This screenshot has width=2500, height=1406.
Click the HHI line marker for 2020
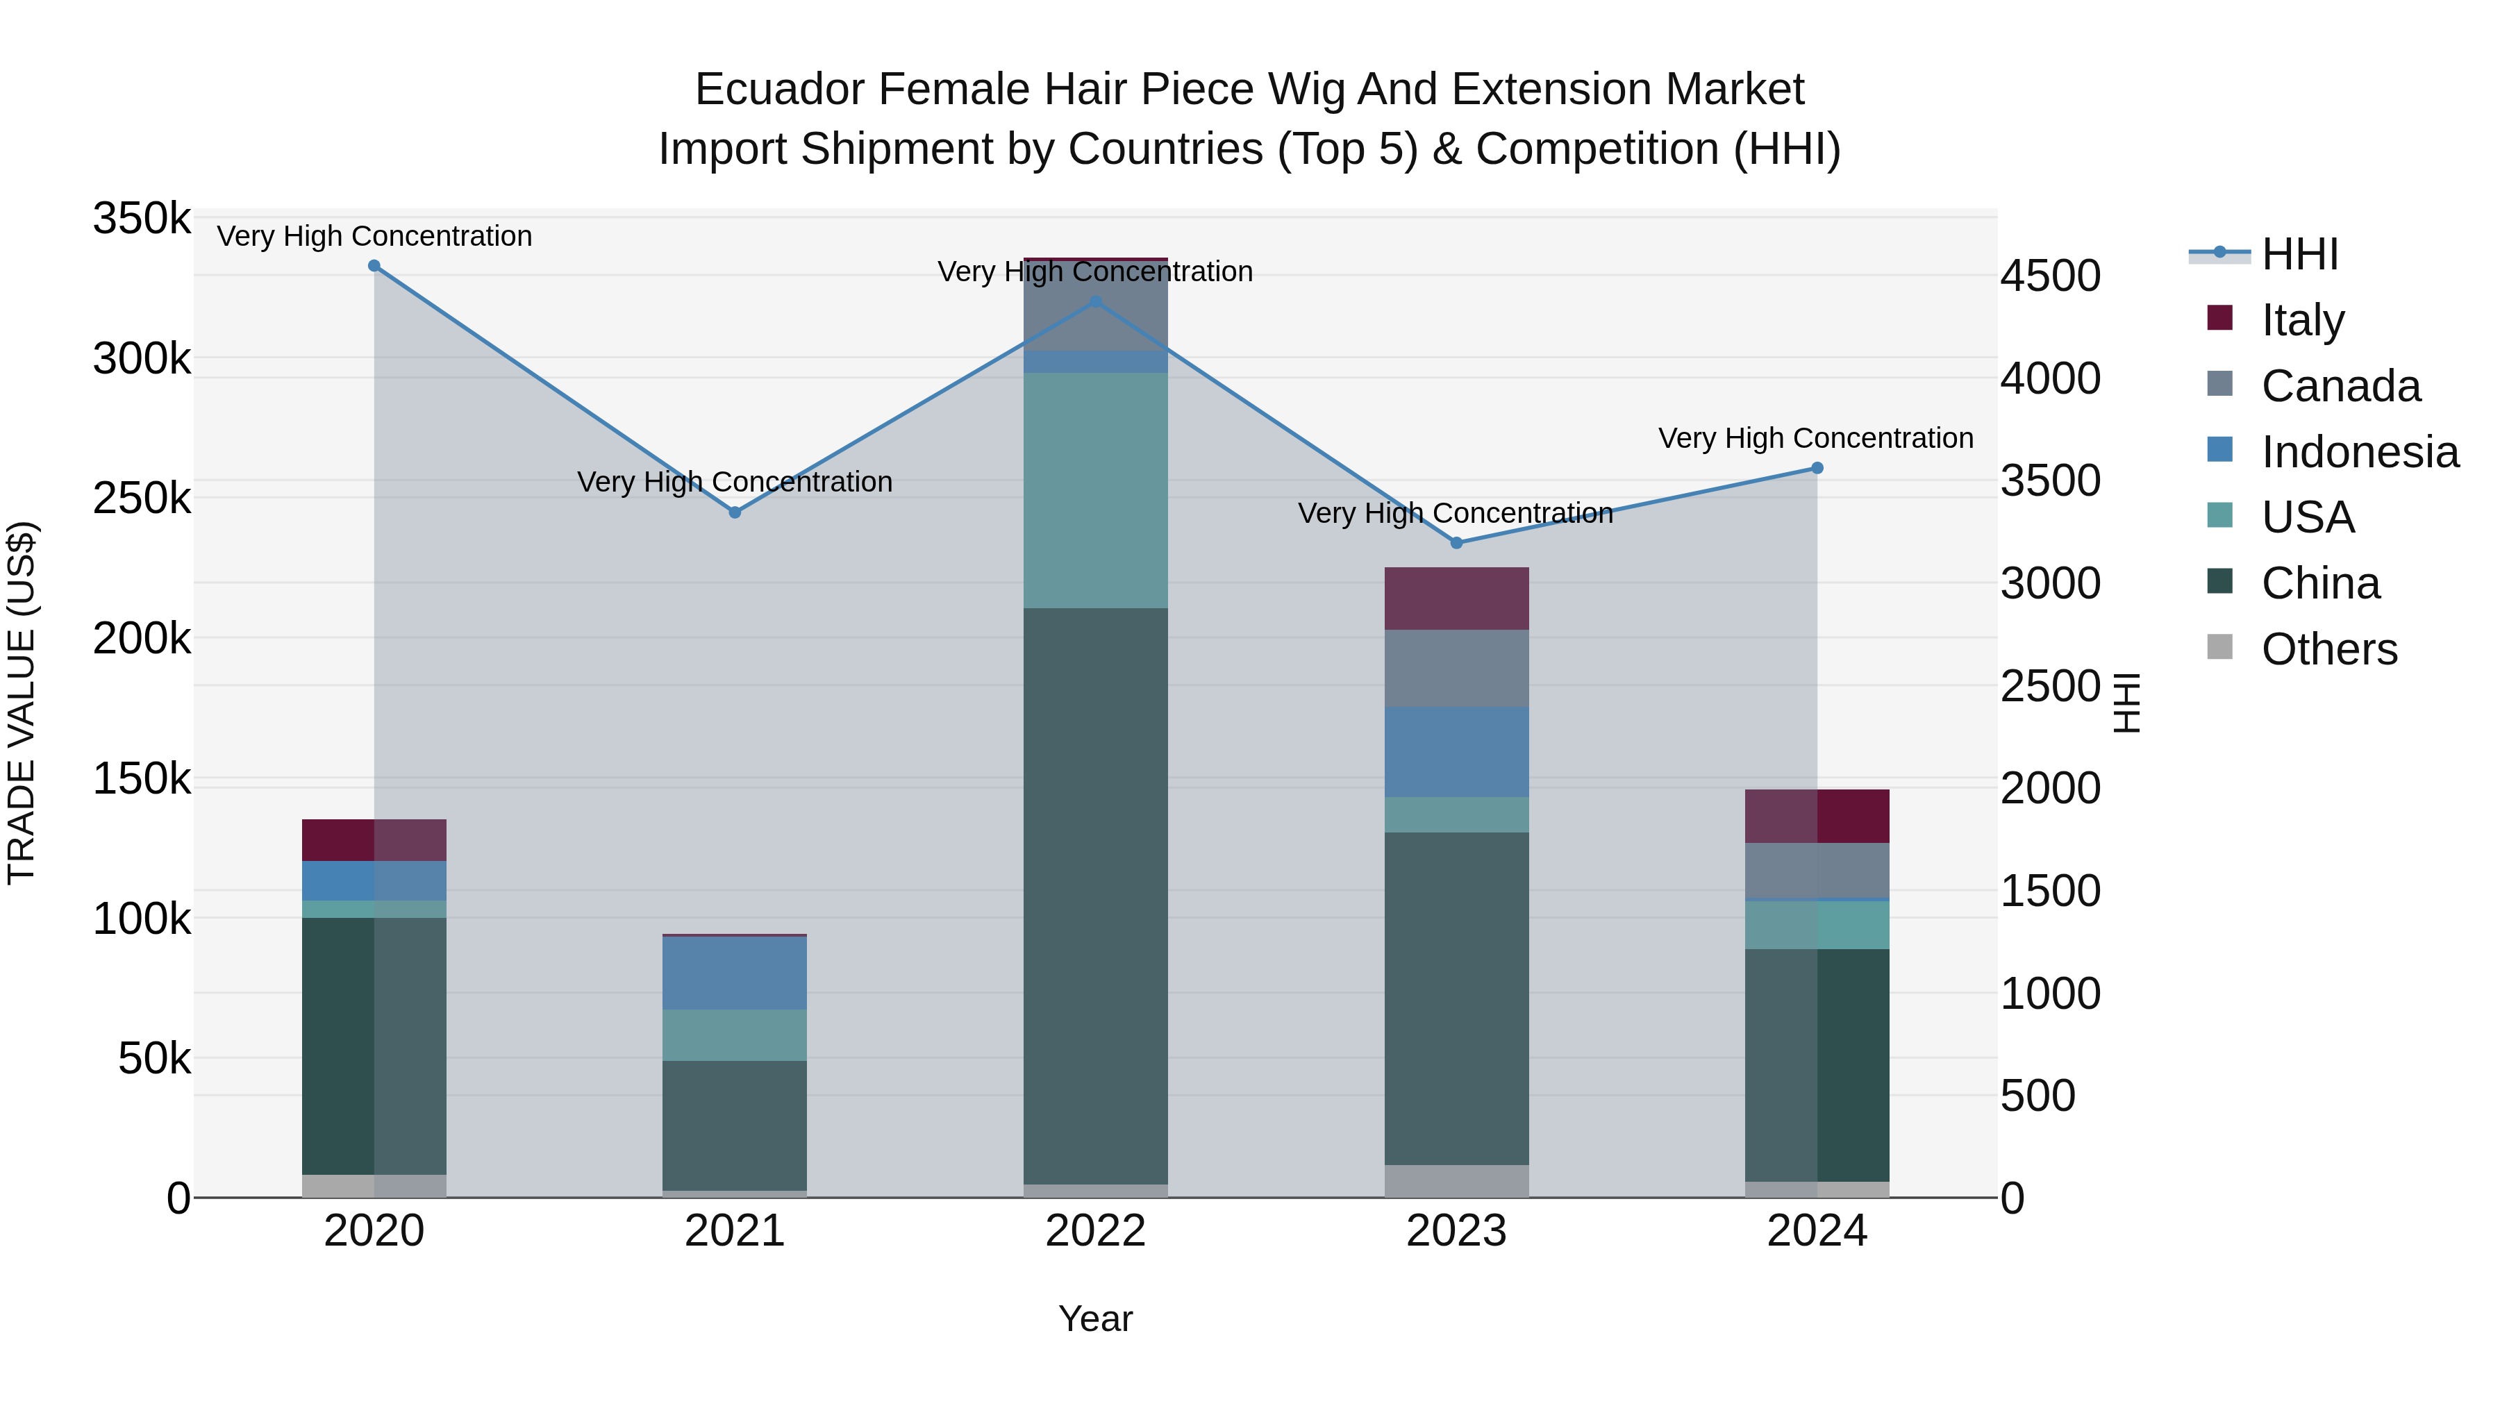click(374, 266)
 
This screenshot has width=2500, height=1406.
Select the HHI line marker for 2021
click(735, 512)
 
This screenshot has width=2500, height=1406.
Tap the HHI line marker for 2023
click(1456, 544)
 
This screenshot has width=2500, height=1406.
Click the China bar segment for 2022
click(1096, 896)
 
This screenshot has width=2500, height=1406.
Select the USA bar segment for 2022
click(1096, 490)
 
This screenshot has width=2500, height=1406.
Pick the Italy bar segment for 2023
click(1456, 599)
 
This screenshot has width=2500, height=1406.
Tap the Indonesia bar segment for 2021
click(735, 973)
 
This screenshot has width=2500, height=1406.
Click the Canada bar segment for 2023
click(1456, 669)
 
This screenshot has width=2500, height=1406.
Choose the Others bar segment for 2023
click(1456, 1181)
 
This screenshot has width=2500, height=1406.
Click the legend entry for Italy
click(2302, 319)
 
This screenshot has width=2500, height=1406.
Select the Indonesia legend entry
click(2359, 452)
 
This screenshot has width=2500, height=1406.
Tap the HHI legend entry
click(2299, 254)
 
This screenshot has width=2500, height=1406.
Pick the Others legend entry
click(2328, 649)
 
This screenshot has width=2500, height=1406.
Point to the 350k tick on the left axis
click(142, 219)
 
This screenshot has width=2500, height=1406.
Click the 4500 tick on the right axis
click(2050, 276)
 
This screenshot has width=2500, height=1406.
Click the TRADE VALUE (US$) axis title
click(22, 703)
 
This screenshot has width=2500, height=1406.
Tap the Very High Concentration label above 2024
click(1816, 439)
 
